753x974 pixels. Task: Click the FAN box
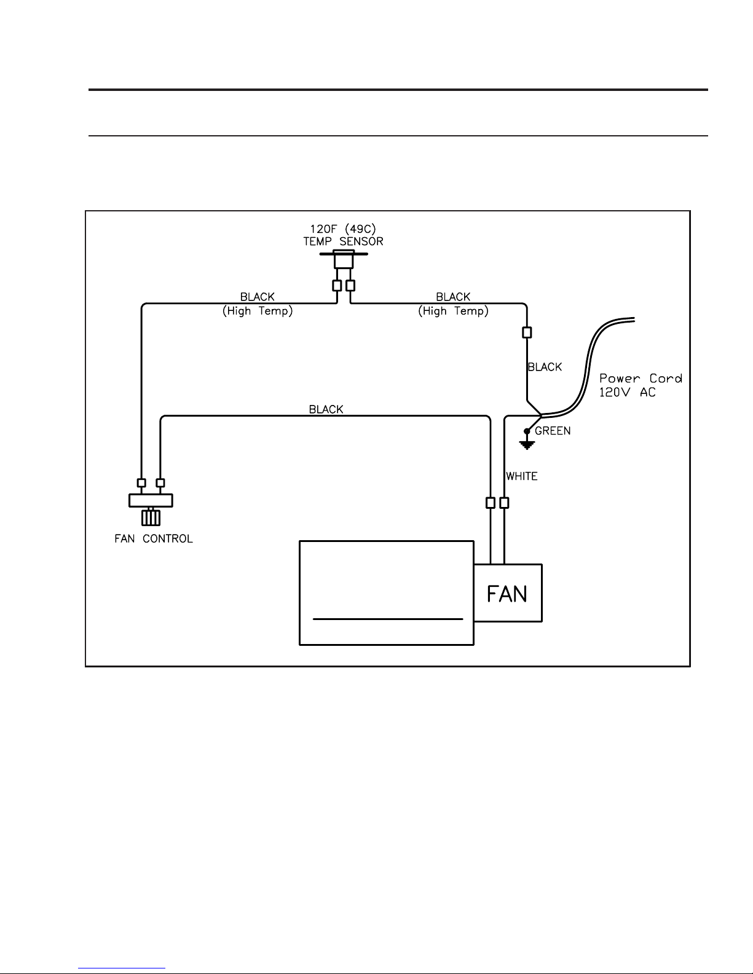pos(508,593)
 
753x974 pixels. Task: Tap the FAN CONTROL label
pos(154,539)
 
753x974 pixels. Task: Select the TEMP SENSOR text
pos(343,242)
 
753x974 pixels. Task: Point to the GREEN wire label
pos(553,431)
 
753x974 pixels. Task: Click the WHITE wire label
pos(522,476)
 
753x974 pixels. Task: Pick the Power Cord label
pos(641,379)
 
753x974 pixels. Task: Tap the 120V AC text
pos(628,392)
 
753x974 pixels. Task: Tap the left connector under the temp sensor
pos(337,286)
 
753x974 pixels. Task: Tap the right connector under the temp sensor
pos(350,286)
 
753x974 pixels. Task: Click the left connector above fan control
pos(141,483)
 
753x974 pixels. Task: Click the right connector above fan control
pos(160,483)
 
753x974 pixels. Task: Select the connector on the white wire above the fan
pos(504,503)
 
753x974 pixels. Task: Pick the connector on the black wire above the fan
pos(491,503)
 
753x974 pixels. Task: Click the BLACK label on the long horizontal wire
pos(326,409)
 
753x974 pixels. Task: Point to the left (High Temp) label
pos(258,311)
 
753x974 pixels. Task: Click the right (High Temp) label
pos(454,311)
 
